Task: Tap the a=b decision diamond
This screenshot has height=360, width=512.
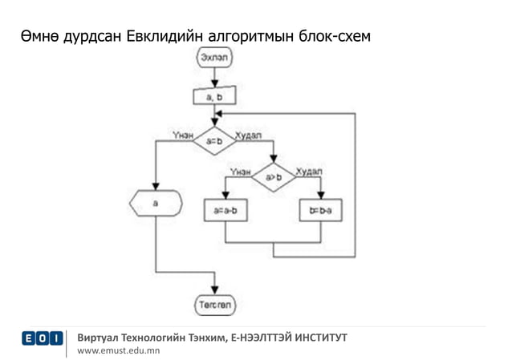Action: (x=214, y=140)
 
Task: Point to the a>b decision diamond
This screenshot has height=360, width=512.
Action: (x=273, y=177)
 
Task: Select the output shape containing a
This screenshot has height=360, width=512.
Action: (x=155, y=204)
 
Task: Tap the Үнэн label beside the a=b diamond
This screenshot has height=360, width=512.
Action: (x=182, y=134)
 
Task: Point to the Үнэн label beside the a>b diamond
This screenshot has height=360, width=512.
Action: (x=240, y=171)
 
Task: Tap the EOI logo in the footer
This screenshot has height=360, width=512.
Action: (x=43, y=339)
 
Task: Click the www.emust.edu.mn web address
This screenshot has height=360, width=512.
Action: (x=118, y=350)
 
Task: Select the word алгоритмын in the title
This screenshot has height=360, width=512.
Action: (x=251, y=36)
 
